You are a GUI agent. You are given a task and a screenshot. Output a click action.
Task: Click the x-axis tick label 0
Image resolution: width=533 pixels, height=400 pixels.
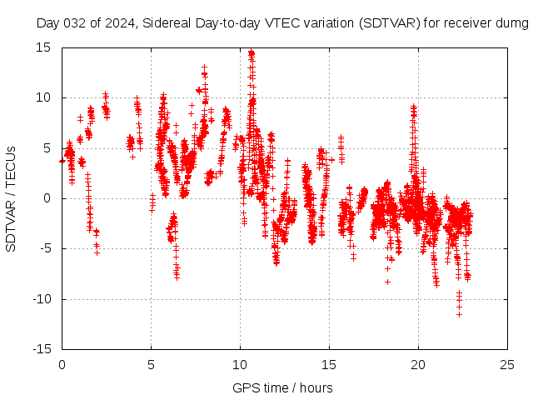click(62, 365)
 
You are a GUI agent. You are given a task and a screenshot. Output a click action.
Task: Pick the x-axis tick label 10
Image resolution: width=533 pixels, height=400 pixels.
click(240, 365)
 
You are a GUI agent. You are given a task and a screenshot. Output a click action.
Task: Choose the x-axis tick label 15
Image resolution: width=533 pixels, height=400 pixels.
click(329, 365)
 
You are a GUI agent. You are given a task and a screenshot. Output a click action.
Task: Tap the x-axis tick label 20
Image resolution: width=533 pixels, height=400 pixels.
click(418, 365)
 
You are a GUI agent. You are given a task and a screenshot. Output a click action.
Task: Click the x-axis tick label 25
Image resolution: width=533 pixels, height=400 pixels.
click(507, 365)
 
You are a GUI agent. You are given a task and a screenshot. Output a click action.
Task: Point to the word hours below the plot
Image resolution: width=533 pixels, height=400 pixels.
click(316, 387)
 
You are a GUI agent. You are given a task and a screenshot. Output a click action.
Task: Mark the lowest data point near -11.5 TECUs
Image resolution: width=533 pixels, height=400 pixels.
click(459, 314)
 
